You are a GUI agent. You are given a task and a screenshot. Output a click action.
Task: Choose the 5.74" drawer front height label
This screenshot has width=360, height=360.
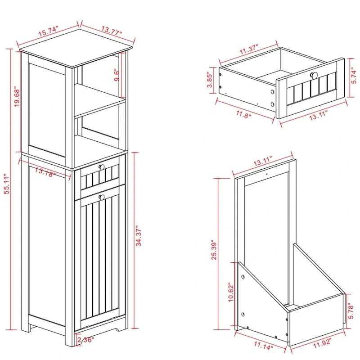pyautogui.click(x=353, y=77)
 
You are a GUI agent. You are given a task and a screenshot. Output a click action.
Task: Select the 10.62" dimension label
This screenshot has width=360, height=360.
pyautogui.click(x=230, y=293)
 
